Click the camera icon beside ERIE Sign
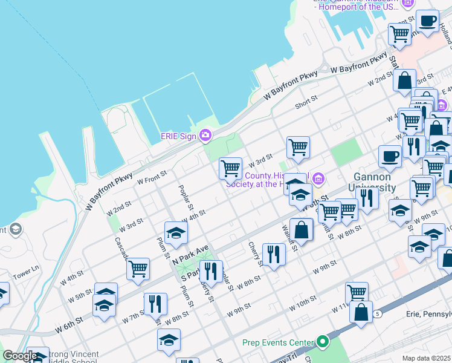[x=205, y=135]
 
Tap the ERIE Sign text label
[x=178, y=136]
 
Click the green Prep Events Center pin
[x=322, y=342]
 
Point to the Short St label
[x=306, y=103]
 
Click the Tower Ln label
[x=27, y=267]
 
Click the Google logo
[x=19, y=356]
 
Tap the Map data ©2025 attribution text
[x=426, y=358]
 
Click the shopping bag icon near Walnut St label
[x=301, y=230]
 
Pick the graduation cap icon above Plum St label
[x=176, y=233]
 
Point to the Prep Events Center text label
[x=278, y=342]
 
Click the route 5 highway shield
[x=378, y=314]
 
